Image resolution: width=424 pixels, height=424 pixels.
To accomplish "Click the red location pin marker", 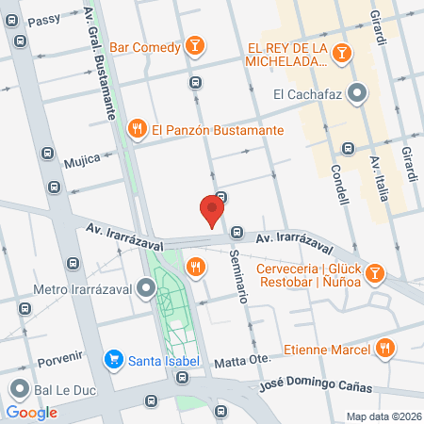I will click(213, 209).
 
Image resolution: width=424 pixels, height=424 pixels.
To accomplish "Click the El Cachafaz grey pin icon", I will click(357, 93).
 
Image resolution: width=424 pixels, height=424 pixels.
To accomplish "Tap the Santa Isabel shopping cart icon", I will click(114, 359).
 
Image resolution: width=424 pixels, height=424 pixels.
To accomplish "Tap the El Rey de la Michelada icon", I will click(346, 54).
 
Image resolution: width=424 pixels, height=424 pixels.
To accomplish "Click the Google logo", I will click(31, 412).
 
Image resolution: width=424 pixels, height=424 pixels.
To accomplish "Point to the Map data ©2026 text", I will click(383, 416).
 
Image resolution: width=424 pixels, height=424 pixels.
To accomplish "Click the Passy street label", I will click(43, 20).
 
